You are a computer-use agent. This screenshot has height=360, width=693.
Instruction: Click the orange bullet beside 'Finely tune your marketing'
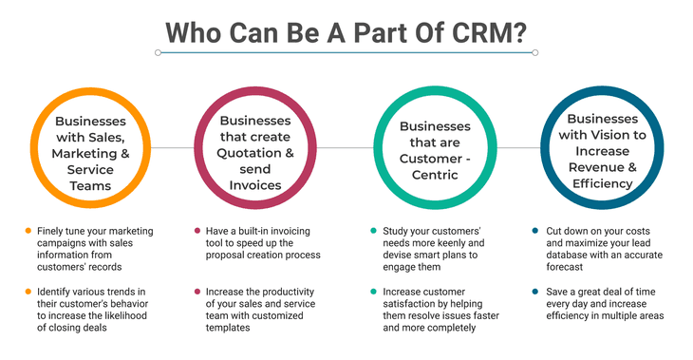pyautogui.click(x=27, y=231)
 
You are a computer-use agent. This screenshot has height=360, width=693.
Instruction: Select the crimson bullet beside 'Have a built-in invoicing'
pyautogui.click(x=196, y=231)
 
